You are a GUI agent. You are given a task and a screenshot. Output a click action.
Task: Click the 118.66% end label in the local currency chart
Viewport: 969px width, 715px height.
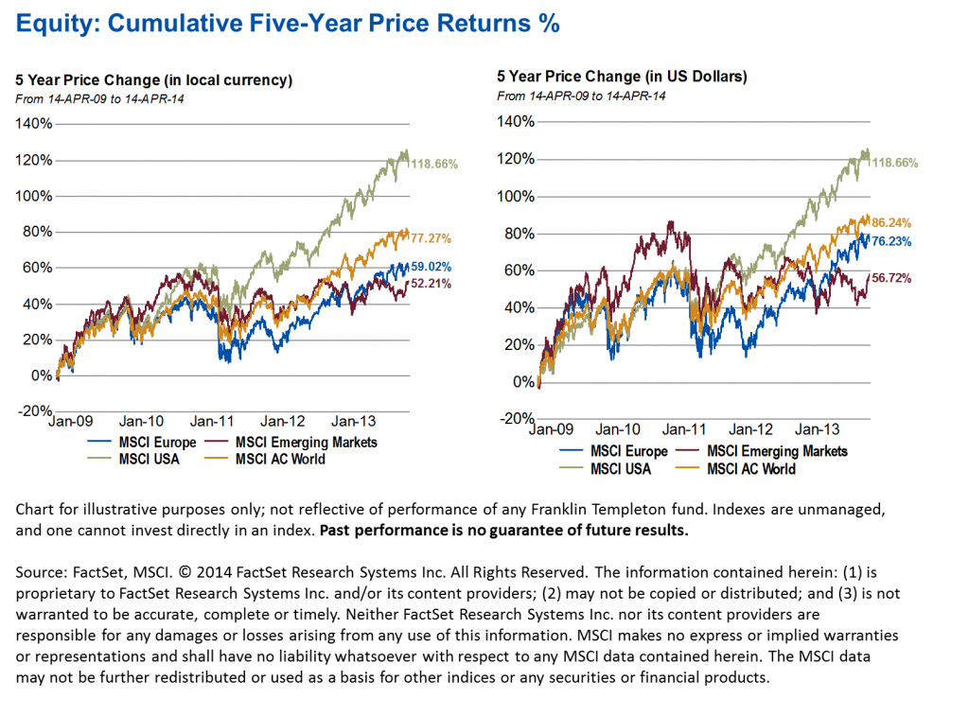[434, 164]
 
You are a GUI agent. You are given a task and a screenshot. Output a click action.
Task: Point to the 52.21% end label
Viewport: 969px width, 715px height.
[432, 284]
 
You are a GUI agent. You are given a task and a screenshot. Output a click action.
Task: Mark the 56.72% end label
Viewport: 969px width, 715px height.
[894, 279]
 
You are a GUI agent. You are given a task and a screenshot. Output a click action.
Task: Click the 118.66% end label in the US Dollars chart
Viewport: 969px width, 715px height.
[894, 163]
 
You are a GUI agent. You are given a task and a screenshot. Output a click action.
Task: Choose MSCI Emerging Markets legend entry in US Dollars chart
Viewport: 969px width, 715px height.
[777, 451]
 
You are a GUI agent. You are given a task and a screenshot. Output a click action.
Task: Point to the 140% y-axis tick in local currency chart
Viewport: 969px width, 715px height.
[35, 124]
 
